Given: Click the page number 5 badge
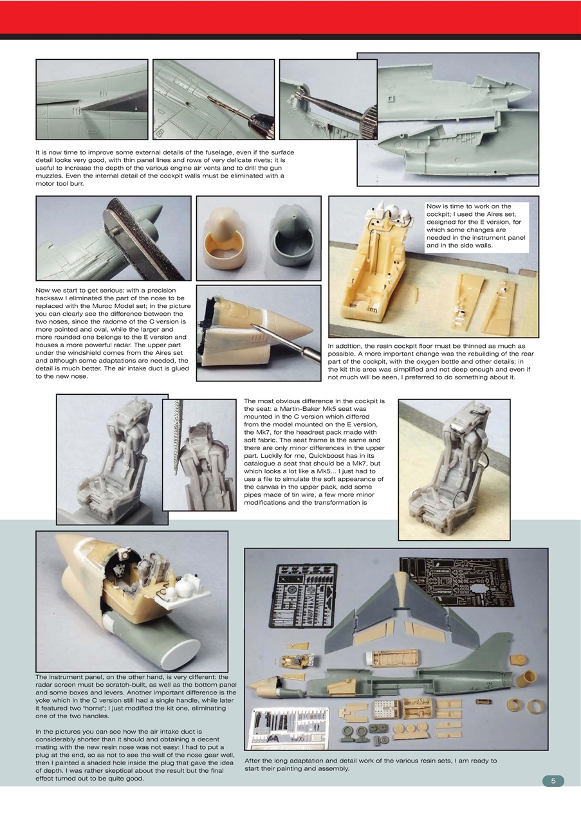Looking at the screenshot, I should click(x=553, y=781).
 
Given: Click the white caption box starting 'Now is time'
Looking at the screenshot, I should click(x=475, y=226).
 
